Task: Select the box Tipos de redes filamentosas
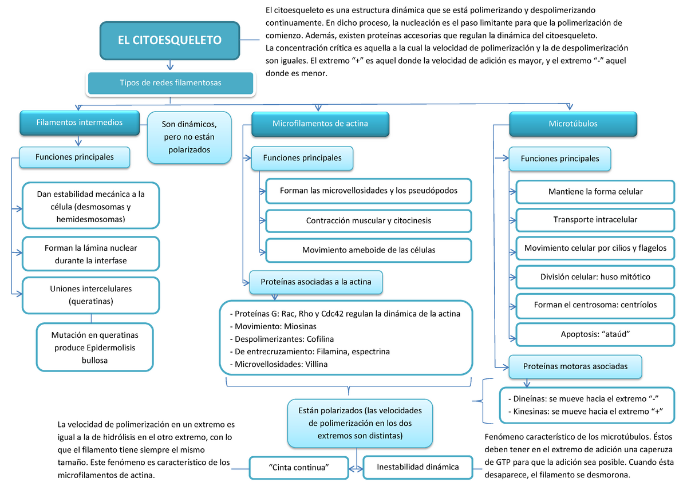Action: tap(170, 83)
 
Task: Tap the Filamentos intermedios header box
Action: tap(79, 123)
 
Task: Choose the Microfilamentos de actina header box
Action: tap(320, 124)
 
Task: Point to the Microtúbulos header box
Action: tap(572, 124)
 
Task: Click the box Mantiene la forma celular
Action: tap(595, 192)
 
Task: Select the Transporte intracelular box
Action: tap(595, 220)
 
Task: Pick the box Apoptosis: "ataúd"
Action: tap(595, 333)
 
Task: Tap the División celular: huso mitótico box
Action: tap(595, 276)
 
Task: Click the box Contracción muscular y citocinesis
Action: tap(369, 220)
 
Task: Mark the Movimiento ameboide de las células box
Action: tap(369, 250)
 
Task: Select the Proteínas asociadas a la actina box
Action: tap(316, 282)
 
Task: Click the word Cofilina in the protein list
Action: tap(315, 339)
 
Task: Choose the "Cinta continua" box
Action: tap(299, 467)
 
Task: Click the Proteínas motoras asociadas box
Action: tap(575, 366)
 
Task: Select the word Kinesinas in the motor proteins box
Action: tap(527, 412)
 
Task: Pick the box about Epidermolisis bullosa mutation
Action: tap(94, 347)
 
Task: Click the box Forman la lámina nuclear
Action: tap(91, 254)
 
